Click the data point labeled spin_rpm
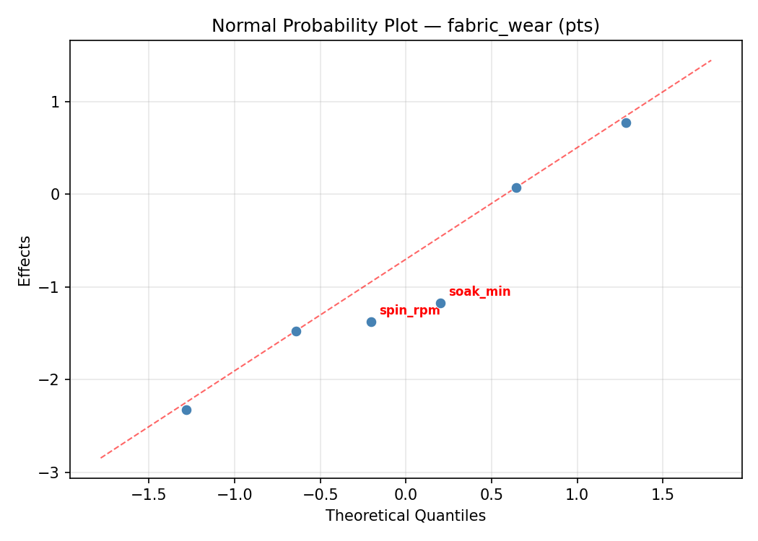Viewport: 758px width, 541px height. [371, 322]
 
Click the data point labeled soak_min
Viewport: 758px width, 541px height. [440, 303]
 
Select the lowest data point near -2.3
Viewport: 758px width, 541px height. [186, 410]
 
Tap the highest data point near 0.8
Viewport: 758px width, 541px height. [626, 123]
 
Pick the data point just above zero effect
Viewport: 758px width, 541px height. [516, 188]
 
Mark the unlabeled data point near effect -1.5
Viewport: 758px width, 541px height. [296, 331]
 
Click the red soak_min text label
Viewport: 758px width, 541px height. [479, 292]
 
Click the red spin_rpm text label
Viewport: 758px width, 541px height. [409, 311]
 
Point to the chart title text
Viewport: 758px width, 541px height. [405, 26]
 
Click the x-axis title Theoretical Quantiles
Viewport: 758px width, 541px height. [405, 516]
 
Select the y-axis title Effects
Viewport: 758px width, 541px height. [25, 260]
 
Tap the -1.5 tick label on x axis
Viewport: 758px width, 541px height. [148, 496]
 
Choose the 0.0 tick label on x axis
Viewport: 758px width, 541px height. [405, 496]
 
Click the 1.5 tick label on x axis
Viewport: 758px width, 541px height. [663, 496]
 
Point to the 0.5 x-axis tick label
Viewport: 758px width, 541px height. [491, 496]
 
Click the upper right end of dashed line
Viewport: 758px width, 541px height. [711, 61]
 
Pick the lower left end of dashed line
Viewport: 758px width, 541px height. [101, 457]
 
